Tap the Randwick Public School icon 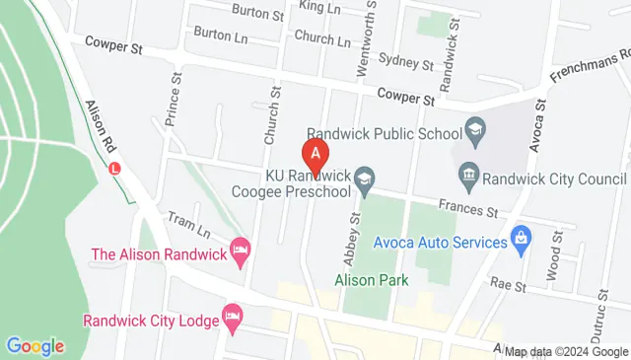(475, 130)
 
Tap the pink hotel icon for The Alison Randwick (239, 248)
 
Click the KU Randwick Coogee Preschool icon (365, 178)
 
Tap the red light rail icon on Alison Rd (116, 169)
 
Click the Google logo (35, 345)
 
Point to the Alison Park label (371, 280)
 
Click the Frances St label (468, 209)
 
